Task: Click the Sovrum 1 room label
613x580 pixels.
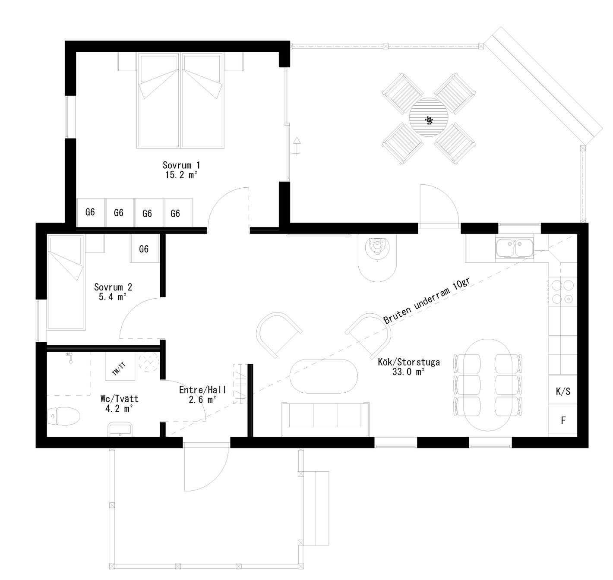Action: coord(181,165)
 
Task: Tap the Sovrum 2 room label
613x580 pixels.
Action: coord(113,287)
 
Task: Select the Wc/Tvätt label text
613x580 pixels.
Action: coord(120,398)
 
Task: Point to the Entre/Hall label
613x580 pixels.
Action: coord(202,390)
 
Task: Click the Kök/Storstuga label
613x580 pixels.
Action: coord(409,362)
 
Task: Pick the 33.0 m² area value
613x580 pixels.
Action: coord(409,372)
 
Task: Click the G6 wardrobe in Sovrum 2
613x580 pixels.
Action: coord(144,249)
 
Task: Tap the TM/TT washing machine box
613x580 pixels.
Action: coord(120,366)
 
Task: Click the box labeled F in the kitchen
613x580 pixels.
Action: coord(563,420)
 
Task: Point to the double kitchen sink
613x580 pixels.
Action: coord(515,248)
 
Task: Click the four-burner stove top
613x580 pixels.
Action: coord(563,292)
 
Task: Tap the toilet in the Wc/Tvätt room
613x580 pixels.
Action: coord(64,416)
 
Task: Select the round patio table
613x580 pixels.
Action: coord(429,117)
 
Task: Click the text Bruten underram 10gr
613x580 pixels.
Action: coord(427,300)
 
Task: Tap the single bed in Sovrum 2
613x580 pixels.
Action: coord(66,282)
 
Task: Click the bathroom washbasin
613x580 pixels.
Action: coord(120,429)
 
